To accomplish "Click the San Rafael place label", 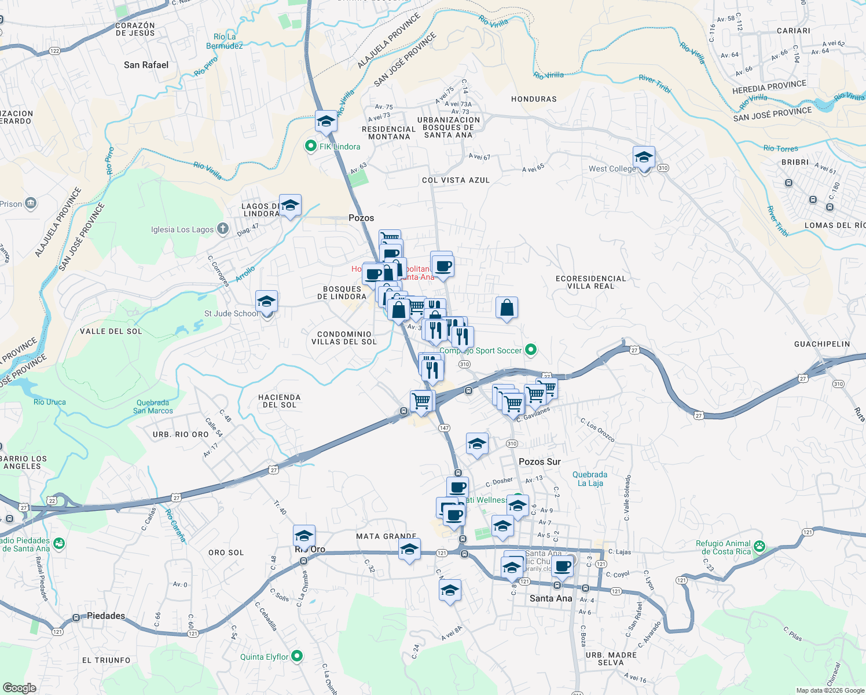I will [x=146, y=65].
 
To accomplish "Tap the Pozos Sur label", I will [x=540, y=462].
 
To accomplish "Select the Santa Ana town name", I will [x=551, y=598].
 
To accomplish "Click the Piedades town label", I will [x=105, y=616].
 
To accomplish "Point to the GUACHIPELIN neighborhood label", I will [x=822, y=344].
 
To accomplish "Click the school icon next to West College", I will [x=644, y=157].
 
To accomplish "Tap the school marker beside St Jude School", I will [x=266, y=302].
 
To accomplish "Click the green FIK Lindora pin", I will [x=311, y=147].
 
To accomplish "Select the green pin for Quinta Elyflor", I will [x=297, y=656].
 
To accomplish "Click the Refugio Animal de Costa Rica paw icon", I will [x=759, y=547].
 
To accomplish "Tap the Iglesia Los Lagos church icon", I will [x=222, y=229].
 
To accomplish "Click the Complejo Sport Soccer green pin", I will [x=530, y=350].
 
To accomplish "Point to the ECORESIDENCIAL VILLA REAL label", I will [x=590, y=282].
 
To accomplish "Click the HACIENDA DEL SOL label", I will [x=279, y=401].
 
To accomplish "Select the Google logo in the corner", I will [x=19, y=687].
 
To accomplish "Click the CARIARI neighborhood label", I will [x=793, y=31].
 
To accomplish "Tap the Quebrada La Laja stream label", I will [x=590, y=478].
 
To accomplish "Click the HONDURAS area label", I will [x=534, y=99].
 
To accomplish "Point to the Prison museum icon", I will [x=31, y=203].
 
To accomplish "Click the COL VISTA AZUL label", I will [x=456, y=180].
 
